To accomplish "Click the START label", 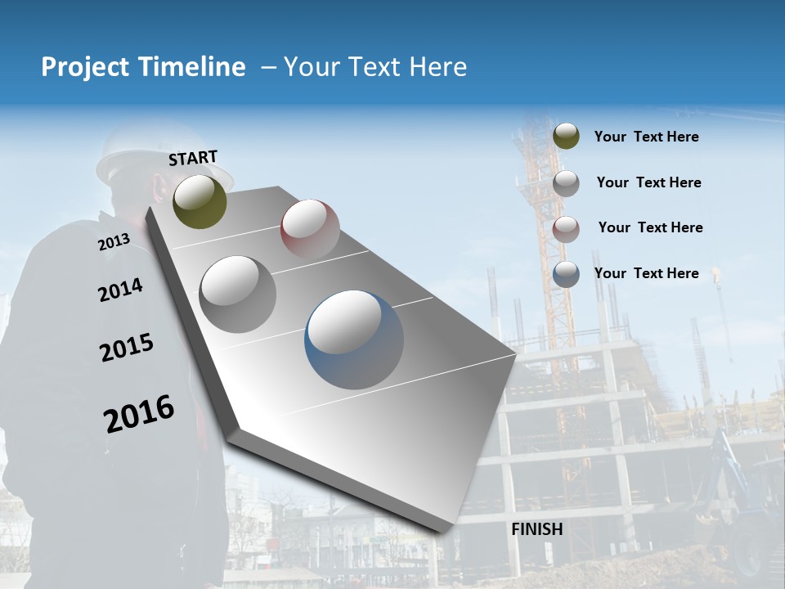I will pyautogui.click(x=193, y=157).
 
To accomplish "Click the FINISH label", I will pyautogui.click(x=536, y=529).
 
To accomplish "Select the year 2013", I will pyautogui.click(x=114, y=242).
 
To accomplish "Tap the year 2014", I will pyautogui.click(x=120, y=290).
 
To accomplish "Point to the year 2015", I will pyautogui.click(x=127, y=348).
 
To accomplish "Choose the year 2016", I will pyautogui.click(x=139, y=414).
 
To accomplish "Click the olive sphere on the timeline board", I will pyautogui.click(x=200, y=201).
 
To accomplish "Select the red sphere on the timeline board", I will pyautogui.click(x=310, y=229).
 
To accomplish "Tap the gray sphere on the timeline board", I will pyautogui.click(x=238, y=294).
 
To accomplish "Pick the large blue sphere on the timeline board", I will pyautogui.click(x=354, y=339).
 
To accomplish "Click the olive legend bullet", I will pyautogui.click(x=566, y=136).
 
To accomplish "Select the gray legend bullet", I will pyautogui.click(x=566, y=183).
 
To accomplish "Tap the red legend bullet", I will pyautogui.click(x=566, y=229).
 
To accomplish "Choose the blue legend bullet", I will pyautogui.click(x=566, y=274).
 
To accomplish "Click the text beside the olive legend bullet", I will pyautogui.click(x=646, y=137).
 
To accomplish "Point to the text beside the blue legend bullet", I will pyautogui.click(x=646, y=273).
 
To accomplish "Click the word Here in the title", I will pyautogui.click(x=437, y=67).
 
